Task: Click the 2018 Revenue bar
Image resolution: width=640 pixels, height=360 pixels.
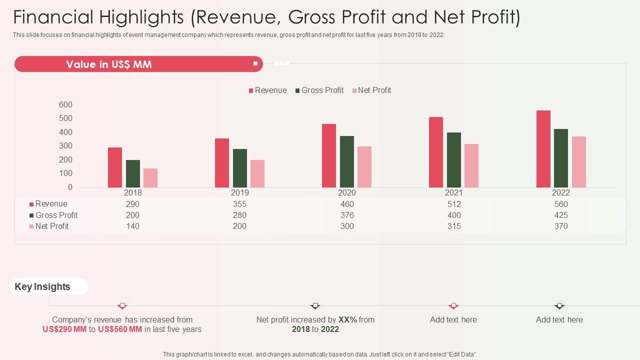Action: (115, 167)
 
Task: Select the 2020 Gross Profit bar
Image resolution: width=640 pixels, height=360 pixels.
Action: (347, 161)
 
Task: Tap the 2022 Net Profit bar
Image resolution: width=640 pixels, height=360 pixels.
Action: (579, 162)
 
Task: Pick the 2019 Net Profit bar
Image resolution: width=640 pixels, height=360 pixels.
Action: (257, 173)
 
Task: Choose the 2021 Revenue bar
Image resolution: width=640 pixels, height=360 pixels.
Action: (436, 152)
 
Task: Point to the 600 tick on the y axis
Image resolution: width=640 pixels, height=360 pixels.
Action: (65, 105)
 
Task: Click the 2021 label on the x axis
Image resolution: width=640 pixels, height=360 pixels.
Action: (453, 192)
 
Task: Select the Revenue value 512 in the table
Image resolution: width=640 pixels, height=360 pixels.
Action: (454, 204)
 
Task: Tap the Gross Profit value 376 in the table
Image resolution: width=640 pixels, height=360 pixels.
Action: (347, 215)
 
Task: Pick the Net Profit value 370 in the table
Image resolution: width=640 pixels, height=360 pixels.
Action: (561, 226)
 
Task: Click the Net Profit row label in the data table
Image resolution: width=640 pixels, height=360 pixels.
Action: (51, 226)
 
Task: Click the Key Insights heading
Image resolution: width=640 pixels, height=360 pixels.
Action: (42, 286)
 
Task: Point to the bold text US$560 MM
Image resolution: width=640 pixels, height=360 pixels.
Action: (120, 329)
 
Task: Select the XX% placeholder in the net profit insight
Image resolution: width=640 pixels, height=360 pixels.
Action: (347, 319)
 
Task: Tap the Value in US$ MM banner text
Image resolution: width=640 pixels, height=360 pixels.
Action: (109, 64)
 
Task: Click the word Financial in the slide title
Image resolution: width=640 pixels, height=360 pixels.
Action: (53, 17)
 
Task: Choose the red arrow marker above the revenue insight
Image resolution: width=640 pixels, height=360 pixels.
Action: (122, 306)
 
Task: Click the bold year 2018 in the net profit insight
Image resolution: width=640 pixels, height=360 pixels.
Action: (301, 329)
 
